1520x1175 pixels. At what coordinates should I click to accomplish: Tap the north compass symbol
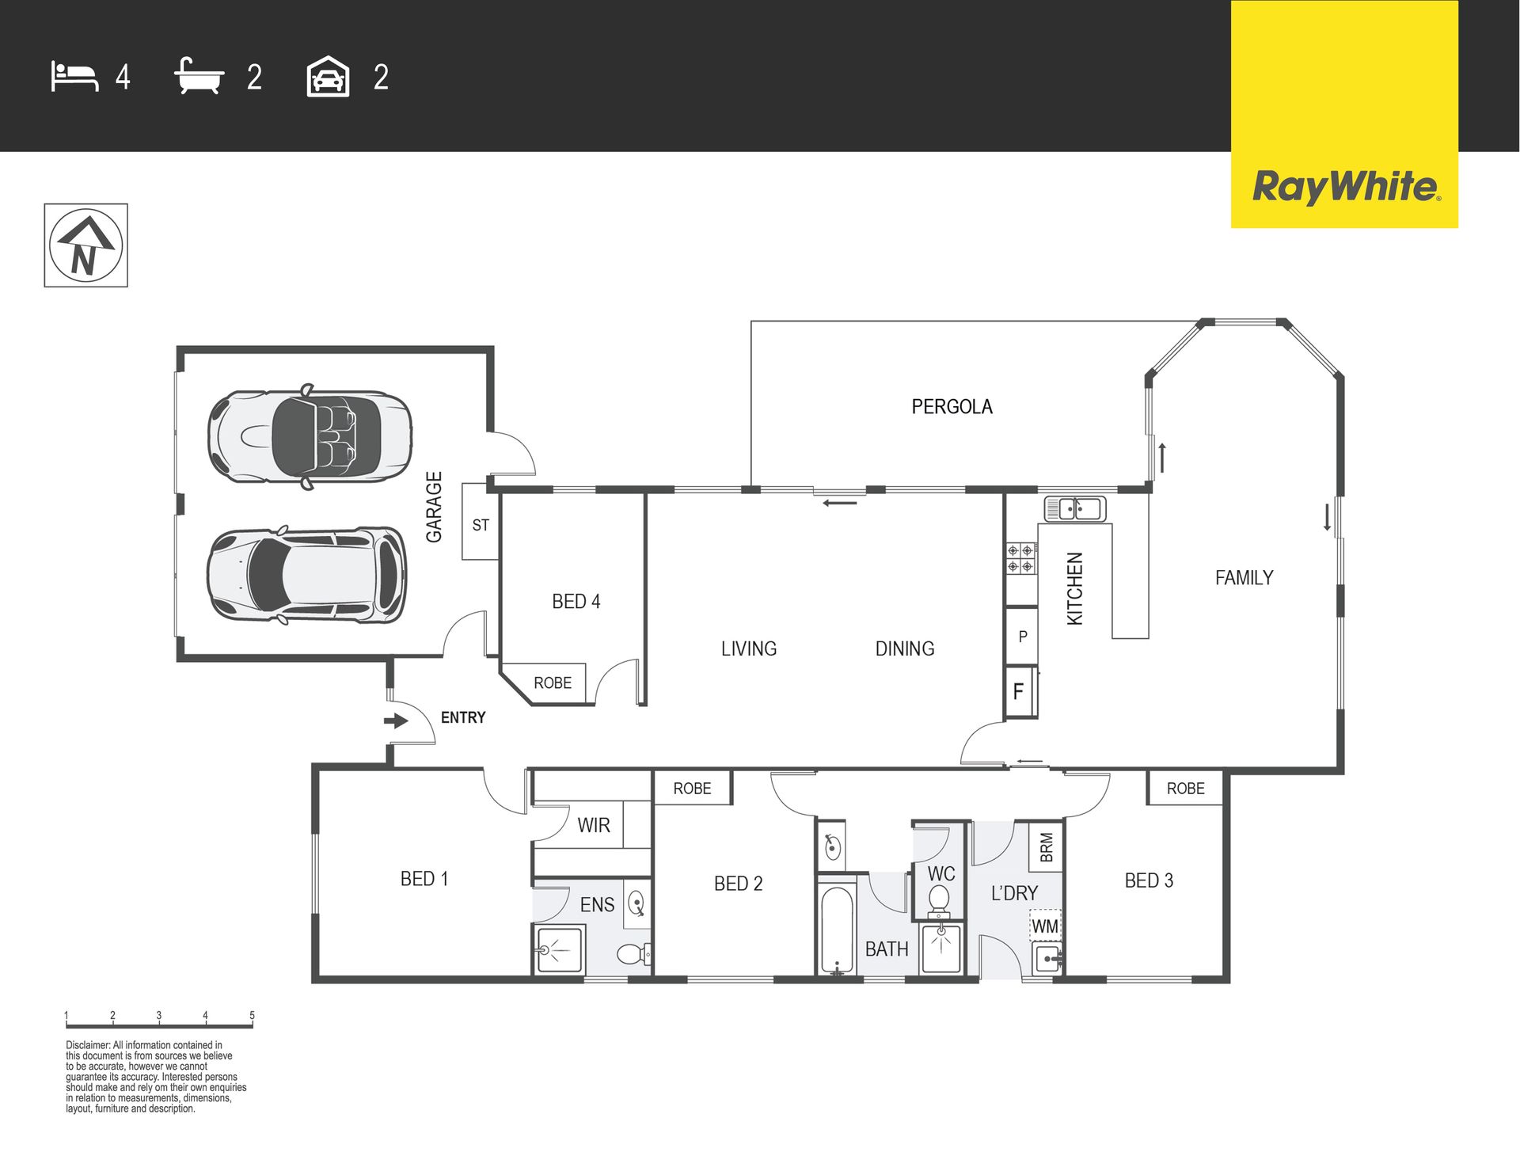[x=85, y=245]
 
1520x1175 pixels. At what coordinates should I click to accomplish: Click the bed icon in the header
[x=75, y=77]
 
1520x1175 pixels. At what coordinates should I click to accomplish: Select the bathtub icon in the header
[x=199, y=76]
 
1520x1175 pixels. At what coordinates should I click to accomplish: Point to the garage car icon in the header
[x=328, y=77]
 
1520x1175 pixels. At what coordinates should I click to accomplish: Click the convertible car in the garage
[x=310, y=436]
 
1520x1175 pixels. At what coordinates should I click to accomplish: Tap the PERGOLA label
[x=952, y=407]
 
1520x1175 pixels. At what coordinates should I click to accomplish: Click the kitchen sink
[x=1074, y=508]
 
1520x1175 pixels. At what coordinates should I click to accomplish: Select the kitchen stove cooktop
[x=1021, y=557]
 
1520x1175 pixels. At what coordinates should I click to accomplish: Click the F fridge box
[x=1020, y=691]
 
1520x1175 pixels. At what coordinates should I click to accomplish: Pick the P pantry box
[x=1021, y=636]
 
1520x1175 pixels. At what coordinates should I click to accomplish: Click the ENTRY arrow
[x=396, y=721]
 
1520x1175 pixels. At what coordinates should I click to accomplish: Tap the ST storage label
[x=481, y=525]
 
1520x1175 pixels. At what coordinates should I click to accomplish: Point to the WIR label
[x=594, y=825]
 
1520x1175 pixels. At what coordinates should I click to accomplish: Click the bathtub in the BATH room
[x=837, y=930]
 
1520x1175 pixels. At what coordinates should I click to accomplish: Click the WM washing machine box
[x=1045, y=926]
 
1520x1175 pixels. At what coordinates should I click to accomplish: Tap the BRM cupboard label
[x=1047, y=846]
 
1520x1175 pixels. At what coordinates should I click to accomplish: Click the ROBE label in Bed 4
[x=553, y=683]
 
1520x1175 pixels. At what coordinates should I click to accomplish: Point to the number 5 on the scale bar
[x=252, y=1015]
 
